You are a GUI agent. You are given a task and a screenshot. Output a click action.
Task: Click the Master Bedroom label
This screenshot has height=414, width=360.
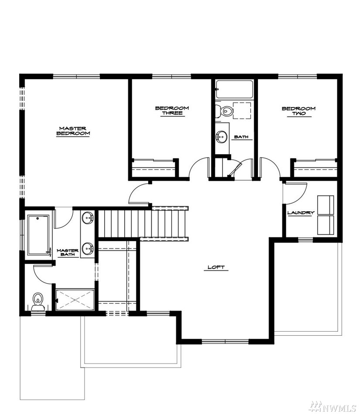(x=73, y=131)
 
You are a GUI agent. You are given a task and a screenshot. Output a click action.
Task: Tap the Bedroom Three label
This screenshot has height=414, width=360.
(x=172, y=111)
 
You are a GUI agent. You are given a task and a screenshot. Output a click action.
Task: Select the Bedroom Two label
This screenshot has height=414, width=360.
(x=299, y=111)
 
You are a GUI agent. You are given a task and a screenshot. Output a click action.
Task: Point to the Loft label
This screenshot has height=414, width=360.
(x=216, y=267)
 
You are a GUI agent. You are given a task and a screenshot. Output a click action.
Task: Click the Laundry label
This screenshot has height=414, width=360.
(x=301, y=212)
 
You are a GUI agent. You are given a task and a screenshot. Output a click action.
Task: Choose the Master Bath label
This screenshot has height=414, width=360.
(x=68, y=252)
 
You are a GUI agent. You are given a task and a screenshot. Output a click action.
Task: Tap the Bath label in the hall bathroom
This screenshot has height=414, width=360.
(x=241, y=137)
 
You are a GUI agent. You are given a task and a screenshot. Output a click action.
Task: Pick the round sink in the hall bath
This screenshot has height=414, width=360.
(x=221, y=137)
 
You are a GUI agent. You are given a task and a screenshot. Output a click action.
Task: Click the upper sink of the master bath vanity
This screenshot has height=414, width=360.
(x=88, y=218)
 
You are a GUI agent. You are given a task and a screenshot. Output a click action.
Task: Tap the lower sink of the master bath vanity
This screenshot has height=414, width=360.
(x=88, y=249)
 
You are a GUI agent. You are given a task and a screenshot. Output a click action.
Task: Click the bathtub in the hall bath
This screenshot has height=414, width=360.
(x=234, y=89)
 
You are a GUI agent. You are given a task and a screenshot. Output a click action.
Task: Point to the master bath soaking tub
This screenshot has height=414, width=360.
(x=39, y=235)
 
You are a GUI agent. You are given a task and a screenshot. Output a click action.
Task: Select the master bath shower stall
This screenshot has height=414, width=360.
(x=75, y=300)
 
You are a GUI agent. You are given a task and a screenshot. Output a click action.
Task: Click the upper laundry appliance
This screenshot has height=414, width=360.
(x=326, y=205)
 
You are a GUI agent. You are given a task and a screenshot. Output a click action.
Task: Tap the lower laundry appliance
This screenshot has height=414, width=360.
(x=326, y=225)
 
